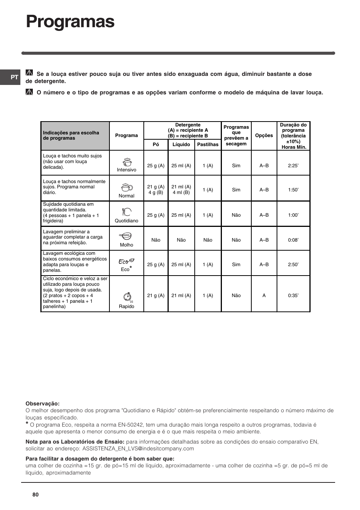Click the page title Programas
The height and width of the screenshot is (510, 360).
click(70, 22)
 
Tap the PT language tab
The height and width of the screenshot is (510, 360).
click(14, 77)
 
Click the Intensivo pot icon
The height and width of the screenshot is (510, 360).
click(127, 162)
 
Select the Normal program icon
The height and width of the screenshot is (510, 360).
click(127, 187)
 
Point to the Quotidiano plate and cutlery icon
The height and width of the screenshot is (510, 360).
click(127, 212)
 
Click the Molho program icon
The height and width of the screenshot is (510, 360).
click(126, 236)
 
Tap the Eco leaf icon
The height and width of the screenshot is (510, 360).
click(126, 261)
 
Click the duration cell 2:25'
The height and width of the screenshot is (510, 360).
click(293, 166)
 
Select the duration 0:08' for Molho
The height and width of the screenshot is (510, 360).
click(293, 240)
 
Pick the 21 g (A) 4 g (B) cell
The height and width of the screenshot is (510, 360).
click(156, 190)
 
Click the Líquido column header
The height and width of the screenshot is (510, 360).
click(181, 145)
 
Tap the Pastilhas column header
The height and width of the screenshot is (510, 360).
click(208, 145)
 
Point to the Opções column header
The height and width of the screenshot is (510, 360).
click(264, 136)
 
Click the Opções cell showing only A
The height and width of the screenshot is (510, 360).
click(264, 296)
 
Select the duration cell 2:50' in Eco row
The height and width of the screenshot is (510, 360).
click(293, 265)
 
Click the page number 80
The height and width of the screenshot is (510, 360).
click(35, 495)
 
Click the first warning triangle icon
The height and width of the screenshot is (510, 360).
click(29, 73)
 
